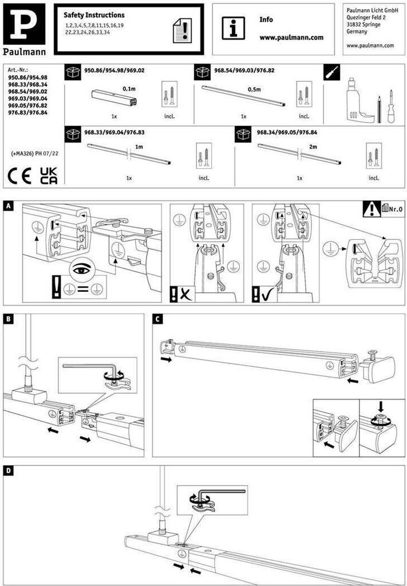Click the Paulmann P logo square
pos(24,24)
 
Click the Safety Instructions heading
pos(94,15)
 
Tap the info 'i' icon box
pos(233,27)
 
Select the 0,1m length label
pos(129,89)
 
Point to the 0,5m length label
pos(254,89)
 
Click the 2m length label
pos(313,147)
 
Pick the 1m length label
pos(139,147)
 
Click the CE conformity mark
pos(19,176)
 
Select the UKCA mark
pos(49,176)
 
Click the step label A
pos(9,207)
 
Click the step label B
pos(9,319)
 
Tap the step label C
pos(158,319)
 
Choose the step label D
pos(9,470)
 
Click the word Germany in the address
pos(357,31)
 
